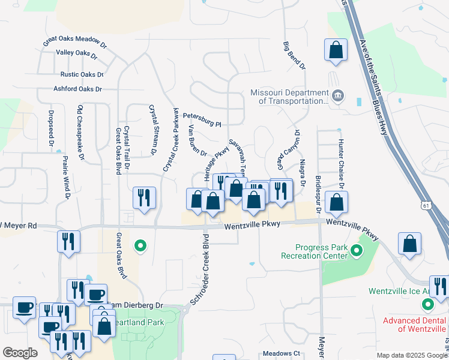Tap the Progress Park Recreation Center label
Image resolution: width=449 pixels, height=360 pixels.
coord(315,251)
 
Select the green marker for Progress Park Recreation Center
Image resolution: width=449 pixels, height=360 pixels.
coord(357,251)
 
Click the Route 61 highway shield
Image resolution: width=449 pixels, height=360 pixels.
coord(426,205)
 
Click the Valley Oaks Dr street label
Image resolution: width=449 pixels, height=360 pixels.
coord(77,53)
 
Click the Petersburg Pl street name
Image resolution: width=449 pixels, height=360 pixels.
coord(202,119)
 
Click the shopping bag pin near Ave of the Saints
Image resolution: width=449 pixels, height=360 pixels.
coord(336,50)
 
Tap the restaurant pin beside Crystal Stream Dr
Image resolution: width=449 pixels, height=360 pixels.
coord(144,197)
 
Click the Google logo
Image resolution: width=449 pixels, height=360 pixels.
coord(20,353)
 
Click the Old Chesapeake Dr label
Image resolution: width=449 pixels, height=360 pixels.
coord(80,133)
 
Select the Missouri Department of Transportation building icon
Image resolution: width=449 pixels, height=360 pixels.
coord(337,95)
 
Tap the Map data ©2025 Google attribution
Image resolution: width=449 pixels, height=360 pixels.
coord(411,355)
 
